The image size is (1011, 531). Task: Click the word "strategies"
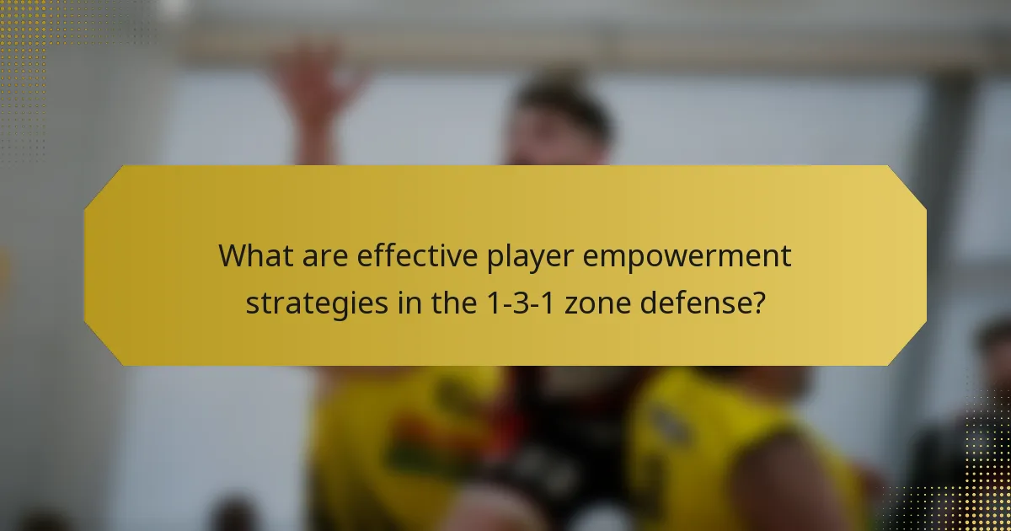pyautogui.click(x=314, y=303)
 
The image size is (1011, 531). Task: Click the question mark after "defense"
pyautogui.click(x=759, y=303)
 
